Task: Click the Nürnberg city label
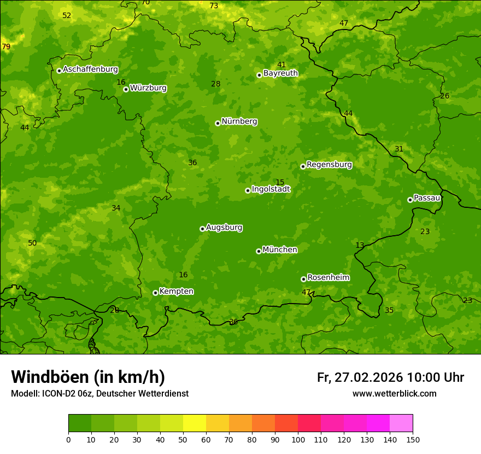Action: point(239,121)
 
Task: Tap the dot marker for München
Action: point(259,251)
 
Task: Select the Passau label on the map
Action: point(427,198)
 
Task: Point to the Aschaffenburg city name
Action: point(90,69)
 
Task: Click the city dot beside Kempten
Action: point(155,293)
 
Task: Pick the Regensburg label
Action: point(329,165)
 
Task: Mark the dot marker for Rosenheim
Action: point(303,279)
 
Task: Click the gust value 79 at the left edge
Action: point(6,46)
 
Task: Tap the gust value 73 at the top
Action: point(214,5)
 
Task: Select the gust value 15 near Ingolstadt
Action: point(280,182)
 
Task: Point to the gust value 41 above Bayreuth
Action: point(281,65)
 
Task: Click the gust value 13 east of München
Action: point(360,245)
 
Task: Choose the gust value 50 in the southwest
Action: point(32,243)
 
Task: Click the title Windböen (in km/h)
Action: point(88,377)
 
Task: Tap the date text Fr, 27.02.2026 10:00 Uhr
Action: point(390,377)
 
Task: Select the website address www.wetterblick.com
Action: point(394,393)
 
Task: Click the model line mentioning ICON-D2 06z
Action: point(99,393)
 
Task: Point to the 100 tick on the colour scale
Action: point(298,439)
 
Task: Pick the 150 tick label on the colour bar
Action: point(412,439)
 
